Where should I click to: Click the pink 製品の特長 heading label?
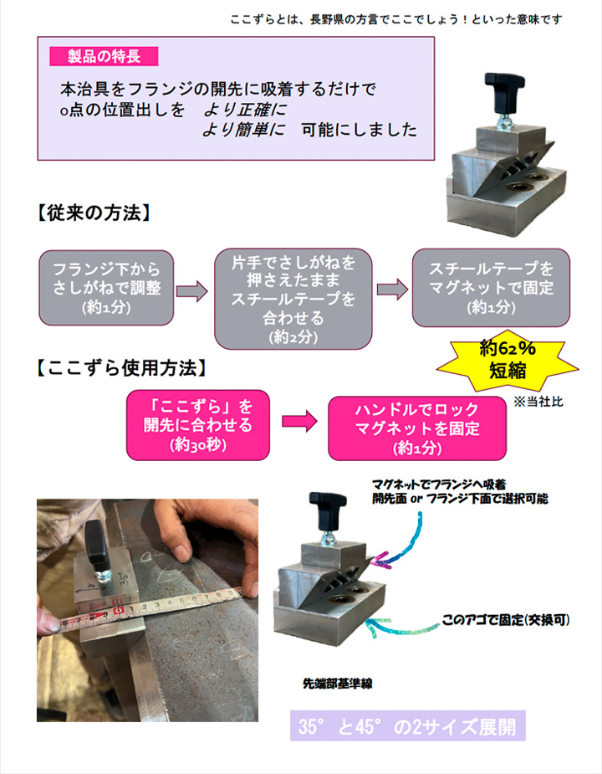pos(104,56)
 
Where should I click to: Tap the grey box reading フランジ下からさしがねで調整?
pos(106,288)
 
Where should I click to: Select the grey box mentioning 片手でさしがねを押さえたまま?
pos(293,299)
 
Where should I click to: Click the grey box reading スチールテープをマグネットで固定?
pos(491,288)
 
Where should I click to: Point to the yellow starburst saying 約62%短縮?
pos(508,360)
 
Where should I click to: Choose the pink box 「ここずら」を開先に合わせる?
pos(198,425)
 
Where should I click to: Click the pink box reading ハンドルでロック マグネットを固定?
pos(417,428)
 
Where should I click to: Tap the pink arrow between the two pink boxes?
pos(299,421)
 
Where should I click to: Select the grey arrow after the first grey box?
pos(192,290)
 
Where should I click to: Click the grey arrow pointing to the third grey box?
pos(392,290)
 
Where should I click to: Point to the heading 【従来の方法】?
pos(94,213)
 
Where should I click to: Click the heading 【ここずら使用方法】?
pos(121,368)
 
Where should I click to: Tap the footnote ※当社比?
pos(538,402)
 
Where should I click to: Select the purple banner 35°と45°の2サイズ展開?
pos(407,726)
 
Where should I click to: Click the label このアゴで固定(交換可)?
pos(506,619)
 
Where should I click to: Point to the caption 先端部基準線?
pos(338,684)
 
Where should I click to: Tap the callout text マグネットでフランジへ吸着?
pos(439,484)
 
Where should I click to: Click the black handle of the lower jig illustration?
pos(328,506)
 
